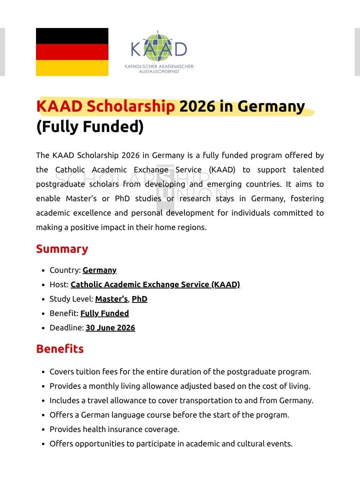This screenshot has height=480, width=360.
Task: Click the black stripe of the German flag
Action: click(72, 36)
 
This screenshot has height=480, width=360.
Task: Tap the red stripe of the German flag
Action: click(72, 52)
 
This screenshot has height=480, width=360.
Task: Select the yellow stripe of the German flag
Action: click(72, 68)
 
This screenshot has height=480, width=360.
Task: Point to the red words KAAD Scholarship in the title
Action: click(106, 107)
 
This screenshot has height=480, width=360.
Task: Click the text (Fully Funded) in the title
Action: click(90, 127)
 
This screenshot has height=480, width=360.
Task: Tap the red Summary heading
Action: click(62, 249)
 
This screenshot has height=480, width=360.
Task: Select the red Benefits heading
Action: click(60, 349)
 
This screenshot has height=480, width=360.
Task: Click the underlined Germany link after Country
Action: click(100, 270)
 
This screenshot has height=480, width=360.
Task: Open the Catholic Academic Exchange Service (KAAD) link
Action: click(155, 284)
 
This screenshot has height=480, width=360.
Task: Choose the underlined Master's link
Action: click(111, 299)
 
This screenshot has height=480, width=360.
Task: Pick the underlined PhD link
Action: click(140, 299)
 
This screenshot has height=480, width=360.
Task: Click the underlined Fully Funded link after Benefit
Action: click(104, 313)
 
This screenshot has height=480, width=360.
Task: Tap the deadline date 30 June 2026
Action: click(110, 328)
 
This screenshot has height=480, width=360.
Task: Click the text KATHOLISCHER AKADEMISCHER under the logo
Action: click(159, 66)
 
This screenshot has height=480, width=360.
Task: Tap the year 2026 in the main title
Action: click(194, 107)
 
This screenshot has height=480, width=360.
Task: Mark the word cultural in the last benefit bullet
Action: click(251, 444)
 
